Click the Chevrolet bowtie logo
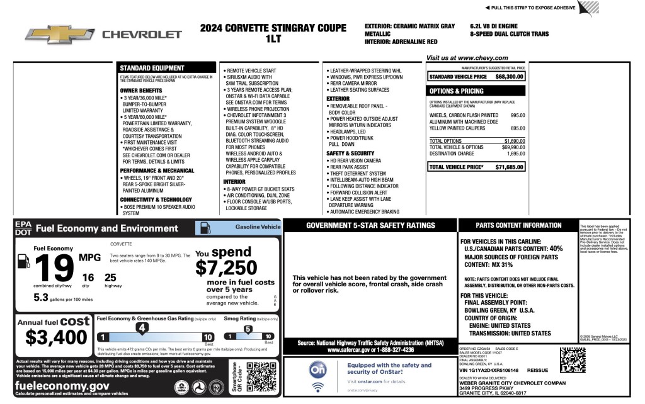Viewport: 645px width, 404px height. [60, 34]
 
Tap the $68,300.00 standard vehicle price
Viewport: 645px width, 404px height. [510, 77]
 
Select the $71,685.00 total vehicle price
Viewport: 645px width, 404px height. [510, 167]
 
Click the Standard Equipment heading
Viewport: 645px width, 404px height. [152, 68]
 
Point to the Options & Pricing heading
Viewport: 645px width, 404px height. [457, 91]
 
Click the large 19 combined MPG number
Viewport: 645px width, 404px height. [55, 268]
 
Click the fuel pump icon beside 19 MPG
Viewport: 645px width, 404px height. [23, 261]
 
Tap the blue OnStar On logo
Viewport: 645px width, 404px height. [318, 371]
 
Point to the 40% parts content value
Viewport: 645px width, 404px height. [556, 249]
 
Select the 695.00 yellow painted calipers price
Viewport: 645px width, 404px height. [518, 128]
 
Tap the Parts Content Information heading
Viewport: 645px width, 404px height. [518, 225]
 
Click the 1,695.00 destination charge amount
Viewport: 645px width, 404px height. [516, 154]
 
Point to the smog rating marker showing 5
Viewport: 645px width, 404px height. [248, 328]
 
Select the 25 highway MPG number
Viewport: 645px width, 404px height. [110, 278]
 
